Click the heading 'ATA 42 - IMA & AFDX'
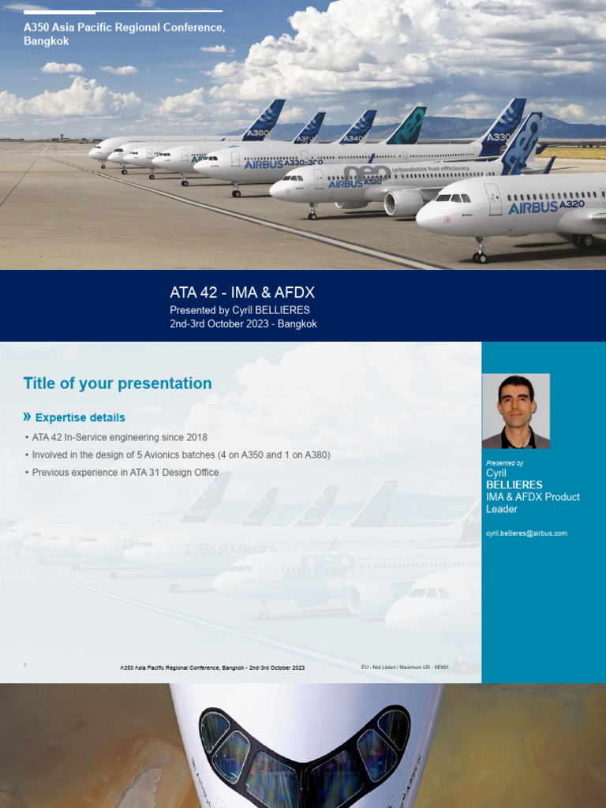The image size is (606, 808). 242,293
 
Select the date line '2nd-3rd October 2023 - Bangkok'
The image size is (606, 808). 243,324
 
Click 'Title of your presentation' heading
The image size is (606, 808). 118,383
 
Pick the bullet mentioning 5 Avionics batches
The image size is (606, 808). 181,455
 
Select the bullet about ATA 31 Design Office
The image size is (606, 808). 125,473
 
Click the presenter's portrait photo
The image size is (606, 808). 516,411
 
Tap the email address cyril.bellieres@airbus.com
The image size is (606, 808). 526,533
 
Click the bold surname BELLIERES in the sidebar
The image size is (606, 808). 514,484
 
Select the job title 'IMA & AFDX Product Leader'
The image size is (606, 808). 533,503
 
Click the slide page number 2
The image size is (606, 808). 25,665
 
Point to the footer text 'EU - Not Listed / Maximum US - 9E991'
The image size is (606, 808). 403,668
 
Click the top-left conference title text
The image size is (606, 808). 124,34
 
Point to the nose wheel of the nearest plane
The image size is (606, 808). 480,256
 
